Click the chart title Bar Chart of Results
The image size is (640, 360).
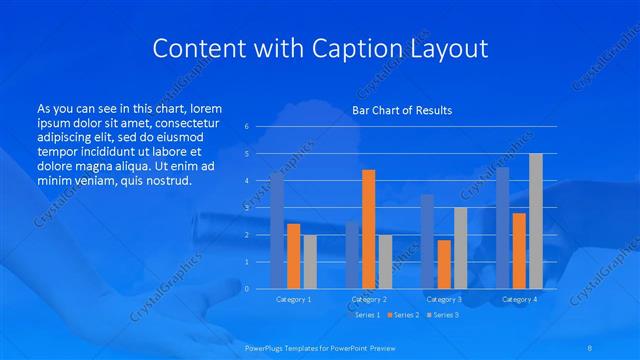[401, 110]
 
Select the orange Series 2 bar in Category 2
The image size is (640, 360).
[368, 229]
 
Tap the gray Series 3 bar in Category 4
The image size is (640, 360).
[536, 221]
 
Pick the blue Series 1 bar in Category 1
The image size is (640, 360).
[277, 231]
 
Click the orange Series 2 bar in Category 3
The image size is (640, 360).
[444, 264]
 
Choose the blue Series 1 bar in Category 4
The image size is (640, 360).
[503, 228]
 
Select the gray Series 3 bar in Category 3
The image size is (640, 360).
[460, 248]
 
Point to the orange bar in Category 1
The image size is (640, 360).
[293, 256]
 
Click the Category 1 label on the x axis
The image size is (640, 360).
[293, 299]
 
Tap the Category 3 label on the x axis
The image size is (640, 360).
[443, 299]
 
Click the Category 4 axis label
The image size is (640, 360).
[519, 299]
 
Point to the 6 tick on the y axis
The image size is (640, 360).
[246, 127]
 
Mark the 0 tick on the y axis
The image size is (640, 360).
[246, 288]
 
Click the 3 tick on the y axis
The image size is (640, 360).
[246, 208]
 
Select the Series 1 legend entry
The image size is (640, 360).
[367, 315]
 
